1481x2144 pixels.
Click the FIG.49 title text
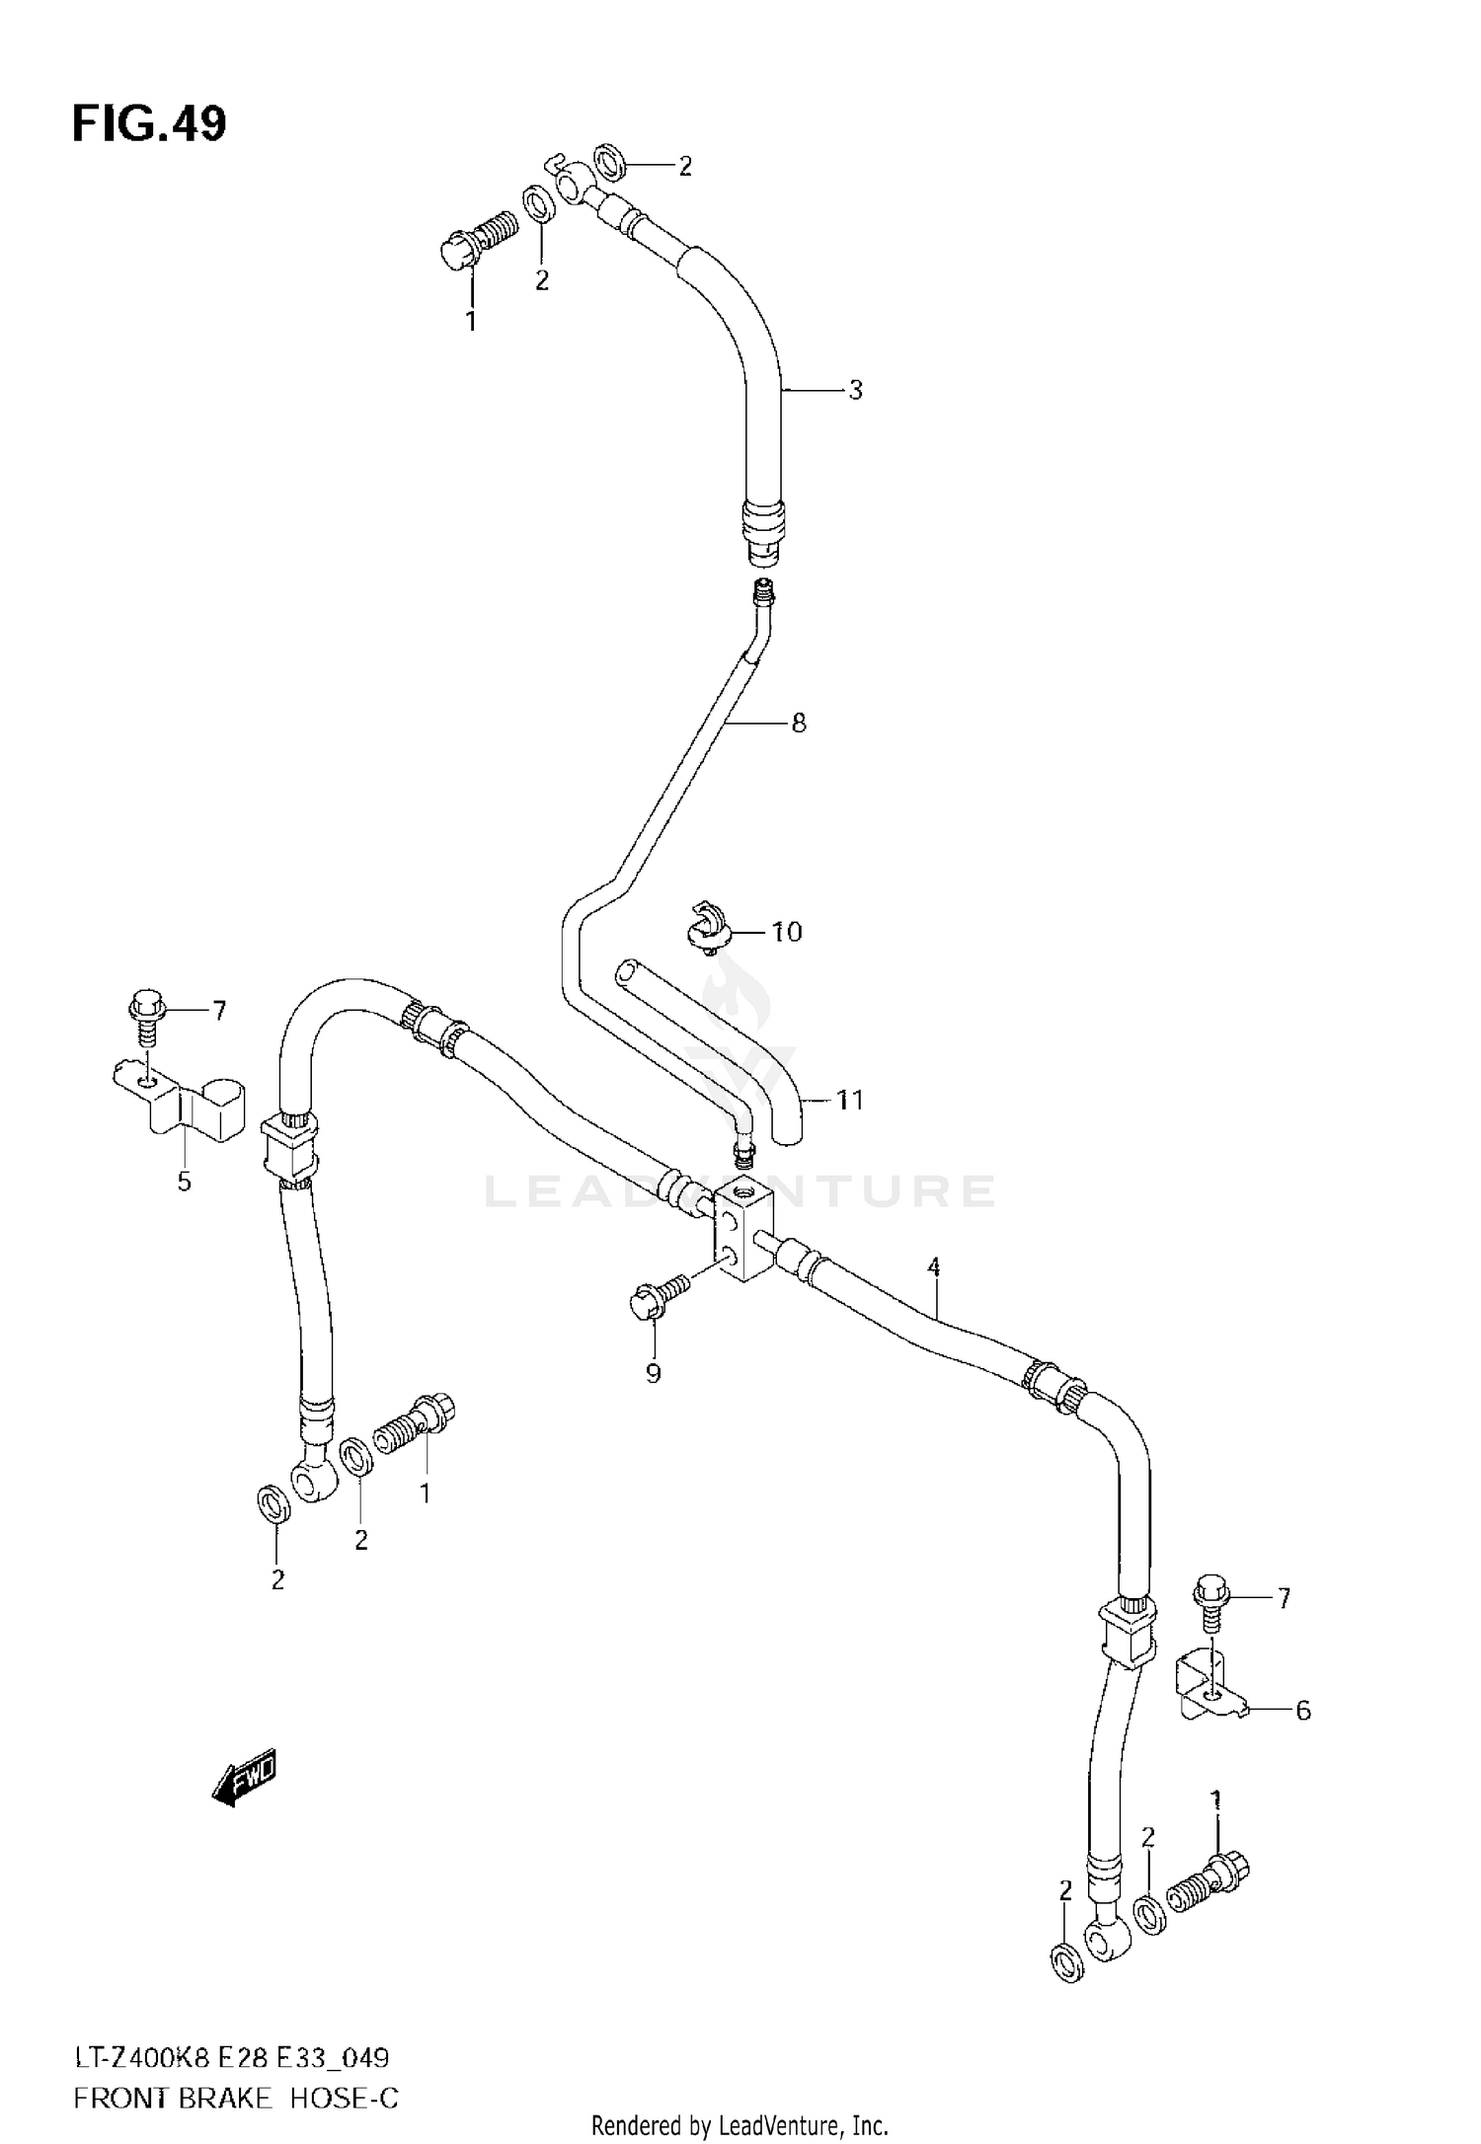pos(149,124)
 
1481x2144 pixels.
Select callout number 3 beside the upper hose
pos(855,390)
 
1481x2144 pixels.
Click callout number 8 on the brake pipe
pos(799,723)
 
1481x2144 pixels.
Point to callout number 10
pos(786,931)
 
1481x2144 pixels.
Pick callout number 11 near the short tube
pos(849,1100)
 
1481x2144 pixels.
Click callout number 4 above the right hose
pos(933,1266)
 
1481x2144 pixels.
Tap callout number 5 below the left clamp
pos(185,1182)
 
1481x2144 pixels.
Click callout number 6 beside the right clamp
pos(1302,1711)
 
